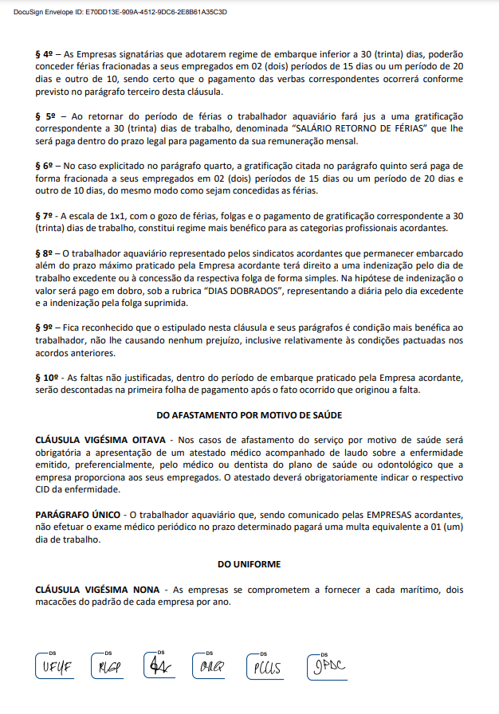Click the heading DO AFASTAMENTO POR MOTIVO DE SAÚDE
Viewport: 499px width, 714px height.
click(x=249, y=414)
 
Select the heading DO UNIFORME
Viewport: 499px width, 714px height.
click(x=249, y=563)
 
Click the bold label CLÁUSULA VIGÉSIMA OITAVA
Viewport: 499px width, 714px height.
click(x=101, y=440)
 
